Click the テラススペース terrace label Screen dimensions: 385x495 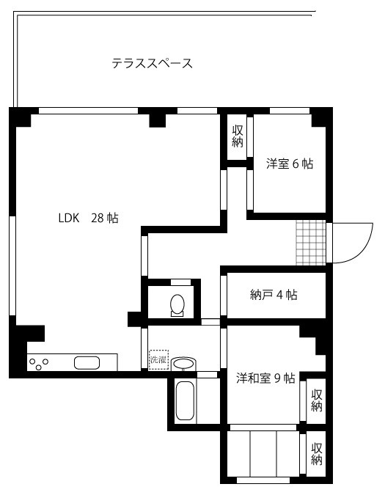[x=152, y=63]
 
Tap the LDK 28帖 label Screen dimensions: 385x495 [x=88, y=218]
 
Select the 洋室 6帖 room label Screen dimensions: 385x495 [x=290, y=164]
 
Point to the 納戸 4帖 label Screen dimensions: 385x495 [x=274, y=295]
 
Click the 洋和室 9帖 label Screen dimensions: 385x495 [x=265, y=378]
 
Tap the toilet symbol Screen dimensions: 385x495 [x=177, y=305]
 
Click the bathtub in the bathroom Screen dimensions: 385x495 [x=185, y=400]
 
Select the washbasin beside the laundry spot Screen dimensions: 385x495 [x=183, y=364]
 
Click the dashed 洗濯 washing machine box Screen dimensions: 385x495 [x=158, y=359]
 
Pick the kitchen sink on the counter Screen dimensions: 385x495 [x=87, y=363]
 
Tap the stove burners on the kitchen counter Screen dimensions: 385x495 [x=38, y=363]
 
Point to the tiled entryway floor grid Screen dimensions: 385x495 [x=310, y=243]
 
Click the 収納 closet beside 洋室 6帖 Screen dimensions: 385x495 [x=238, y=136]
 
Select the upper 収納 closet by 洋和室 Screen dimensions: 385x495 [x=316, y=400]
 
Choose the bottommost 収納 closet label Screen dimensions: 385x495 [x=317, y=454]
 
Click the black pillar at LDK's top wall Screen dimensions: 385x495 [x=157, y=120]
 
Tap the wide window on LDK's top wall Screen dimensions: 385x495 [x=88, y=111]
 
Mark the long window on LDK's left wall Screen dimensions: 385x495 [x=12, y=265]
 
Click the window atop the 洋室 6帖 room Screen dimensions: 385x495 [x=290, y=111]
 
